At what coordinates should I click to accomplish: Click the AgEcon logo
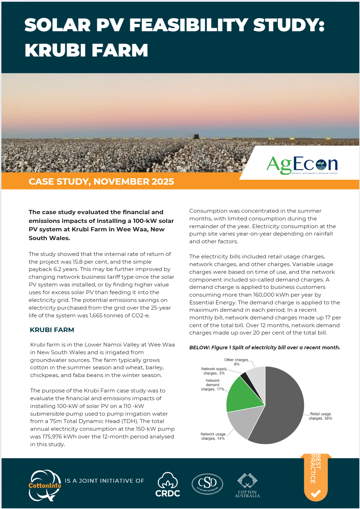302,165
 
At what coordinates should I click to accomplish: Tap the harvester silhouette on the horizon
196,135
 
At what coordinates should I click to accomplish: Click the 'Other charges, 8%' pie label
237,362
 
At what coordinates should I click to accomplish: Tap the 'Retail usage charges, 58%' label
320,416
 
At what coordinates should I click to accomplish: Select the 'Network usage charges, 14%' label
213,436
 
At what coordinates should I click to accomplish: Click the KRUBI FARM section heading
52,330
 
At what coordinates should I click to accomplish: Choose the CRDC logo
168,485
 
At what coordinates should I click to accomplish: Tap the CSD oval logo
207,484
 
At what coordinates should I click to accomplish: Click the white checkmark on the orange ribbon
315,494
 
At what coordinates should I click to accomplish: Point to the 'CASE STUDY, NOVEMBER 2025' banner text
101,181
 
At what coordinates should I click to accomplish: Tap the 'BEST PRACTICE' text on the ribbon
315,469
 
